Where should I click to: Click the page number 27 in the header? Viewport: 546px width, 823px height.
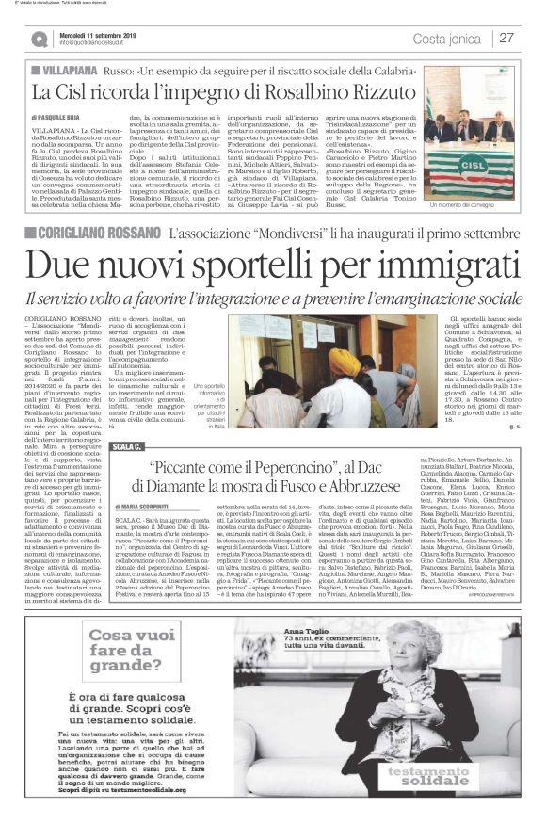(507, 38)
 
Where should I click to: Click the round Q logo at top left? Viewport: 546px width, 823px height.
(40, 39)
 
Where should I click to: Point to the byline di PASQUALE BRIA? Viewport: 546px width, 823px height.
(66, 116)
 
